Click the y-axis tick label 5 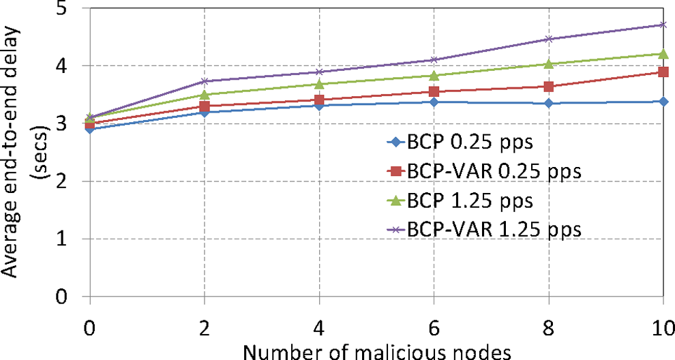pyautogui.click(x=69, y=10)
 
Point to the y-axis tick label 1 pyautogui.click(x=69, y=239)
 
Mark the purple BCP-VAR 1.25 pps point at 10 pyautogui.click(x=663, y=25)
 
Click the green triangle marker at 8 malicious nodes pyautogui.click(x=548, y=63)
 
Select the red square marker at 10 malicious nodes pyautogui.click(x=663, y=72)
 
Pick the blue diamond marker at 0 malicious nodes pyautogui.click(x=90, y=129)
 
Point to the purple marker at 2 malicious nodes pyautogui.click(x=205, y=81)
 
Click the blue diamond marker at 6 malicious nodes pyautogui.click(x=434, y=102)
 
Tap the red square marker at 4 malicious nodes pyautogui.click(x=319, y=100)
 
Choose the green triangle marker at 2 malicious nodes pyautogui.click(x=205, y=94)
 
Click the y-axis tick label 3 pyautogui.click(x=69, y=124)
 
